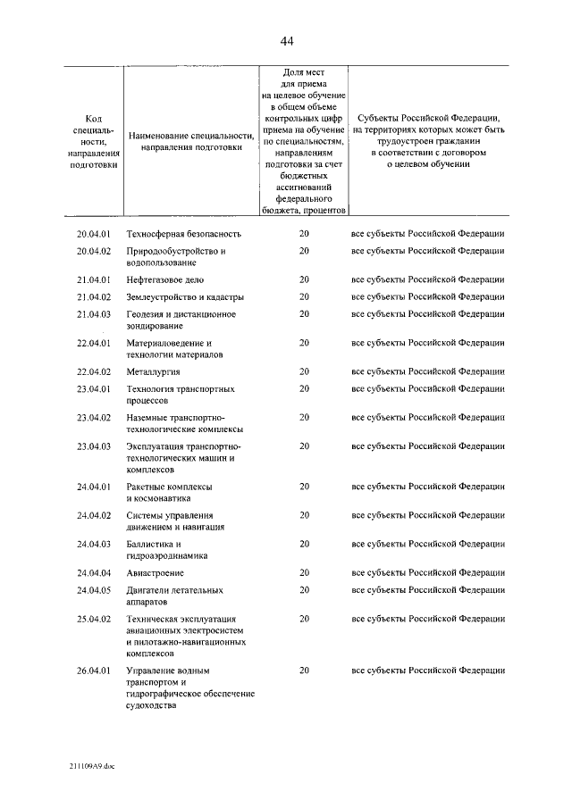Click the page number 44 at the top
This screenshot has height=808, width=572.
(286, 41)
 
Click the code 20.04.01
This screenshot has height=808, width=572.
(93, 234)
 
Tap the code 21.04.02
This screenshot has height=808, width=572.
(93, 296)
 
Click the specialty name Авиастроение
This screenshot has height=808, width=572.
(156, 572)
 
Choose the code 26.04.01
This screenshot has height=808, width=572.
(93, 670)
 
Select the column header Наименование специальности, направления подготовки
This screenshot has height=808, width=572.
(191, 142)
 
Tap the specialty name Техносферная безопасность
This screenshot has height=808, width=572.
(183, 234)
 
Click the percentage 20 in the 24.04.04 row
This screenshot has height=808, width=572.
(304, 572)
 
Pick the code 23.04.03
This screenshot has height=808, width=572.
(93, 446)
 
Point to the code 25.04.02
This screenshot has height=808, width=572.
(93, 618)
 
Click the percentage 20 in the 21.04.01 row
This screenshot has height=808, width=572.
(304, 279)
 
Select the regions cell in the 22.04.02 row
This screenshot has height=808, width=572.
(428, 371)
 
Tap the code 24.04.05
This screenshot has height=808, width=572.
(93, 589)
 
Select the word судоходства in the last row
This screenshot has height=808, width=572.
(152, 705)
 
